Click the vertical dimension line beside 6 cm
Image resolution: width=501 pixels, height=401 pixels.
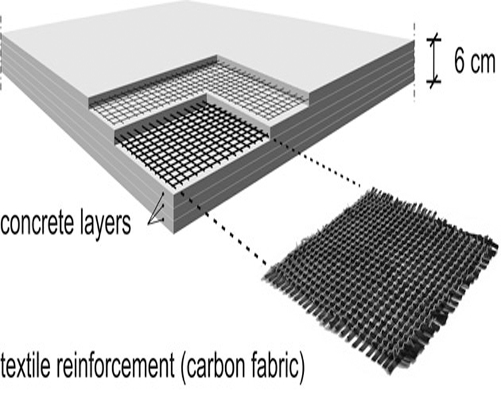pos(433,60)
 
